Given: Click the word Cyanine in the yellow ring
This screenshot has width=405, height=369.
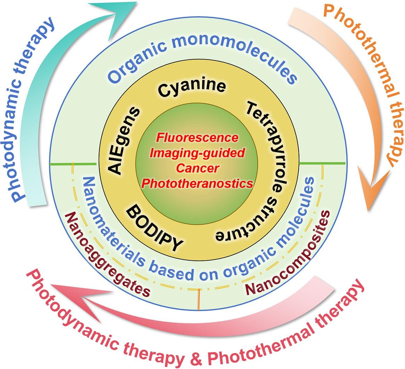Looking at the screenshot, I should click(192, 87).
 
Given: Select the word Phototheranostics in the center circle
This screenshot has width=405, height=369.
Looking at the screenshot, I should click(197, 183).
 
